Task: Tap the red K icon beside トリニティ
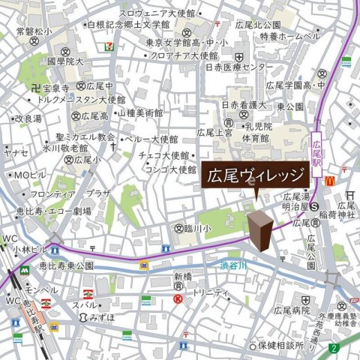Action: point(178,298)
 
